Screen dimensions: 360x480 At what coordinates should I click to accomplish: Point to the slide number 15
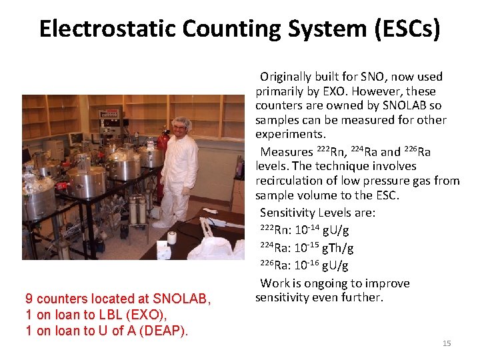447,343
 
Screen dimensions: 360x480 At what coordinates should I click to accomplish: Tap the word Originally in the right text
287,77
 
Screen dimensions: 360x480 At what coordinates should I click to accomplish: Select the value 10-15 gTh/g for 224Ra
324,249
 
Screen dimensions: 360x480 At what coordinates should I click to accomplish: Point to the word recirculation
288,181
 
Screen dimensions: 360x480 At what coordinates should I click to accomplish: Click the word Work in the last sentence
274,283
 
